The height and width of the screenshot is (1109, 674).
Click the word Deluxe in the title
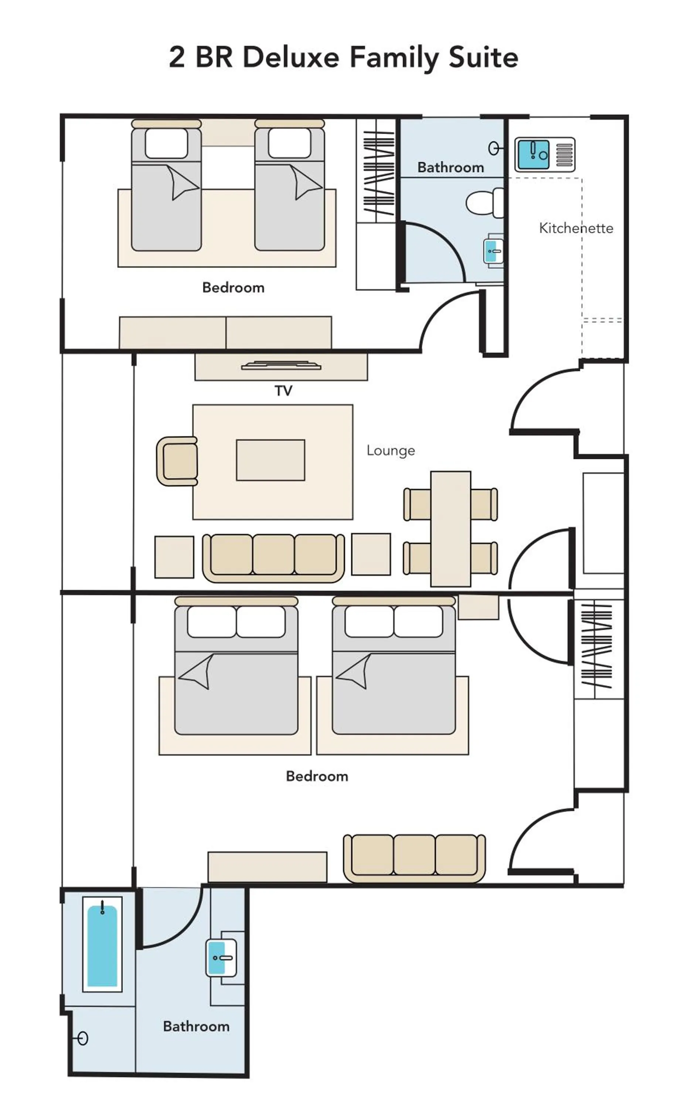coord(290,58)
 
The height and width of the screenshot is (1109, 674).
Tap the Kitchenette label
coord(575,228)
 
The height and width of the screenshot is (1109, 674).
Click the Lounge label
coord(391,451)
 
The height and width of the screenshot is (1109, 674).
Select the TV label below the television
coord(283,391)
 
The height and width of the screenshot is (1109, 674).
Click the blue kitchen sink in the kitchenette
coord(533,155)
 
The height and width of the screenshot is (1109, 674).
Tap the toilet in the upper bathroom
coord(485,203)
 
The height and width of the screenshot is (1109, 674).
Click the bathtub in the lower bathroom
coord(102,946)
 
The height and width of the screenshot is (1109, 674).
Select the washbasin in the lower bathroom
coord(221,958)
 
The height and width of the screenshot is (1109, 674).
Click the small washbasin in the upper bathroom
coord(493,251)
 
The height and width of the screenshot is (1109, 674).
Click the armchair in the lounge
coord(178,461)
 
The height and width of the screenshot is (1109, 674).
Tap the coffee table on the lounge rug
coord(270,460)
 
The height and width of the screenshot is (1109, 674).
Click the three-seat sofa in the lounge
coord(273,557)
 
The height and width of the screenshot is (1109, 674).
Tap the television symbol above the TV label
coord(281,366)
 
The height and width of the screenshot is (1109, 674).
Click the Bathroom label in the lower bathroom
coord(196,1026)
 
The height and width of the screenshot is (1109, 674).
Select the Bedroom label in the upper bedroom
coord(233,288)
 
